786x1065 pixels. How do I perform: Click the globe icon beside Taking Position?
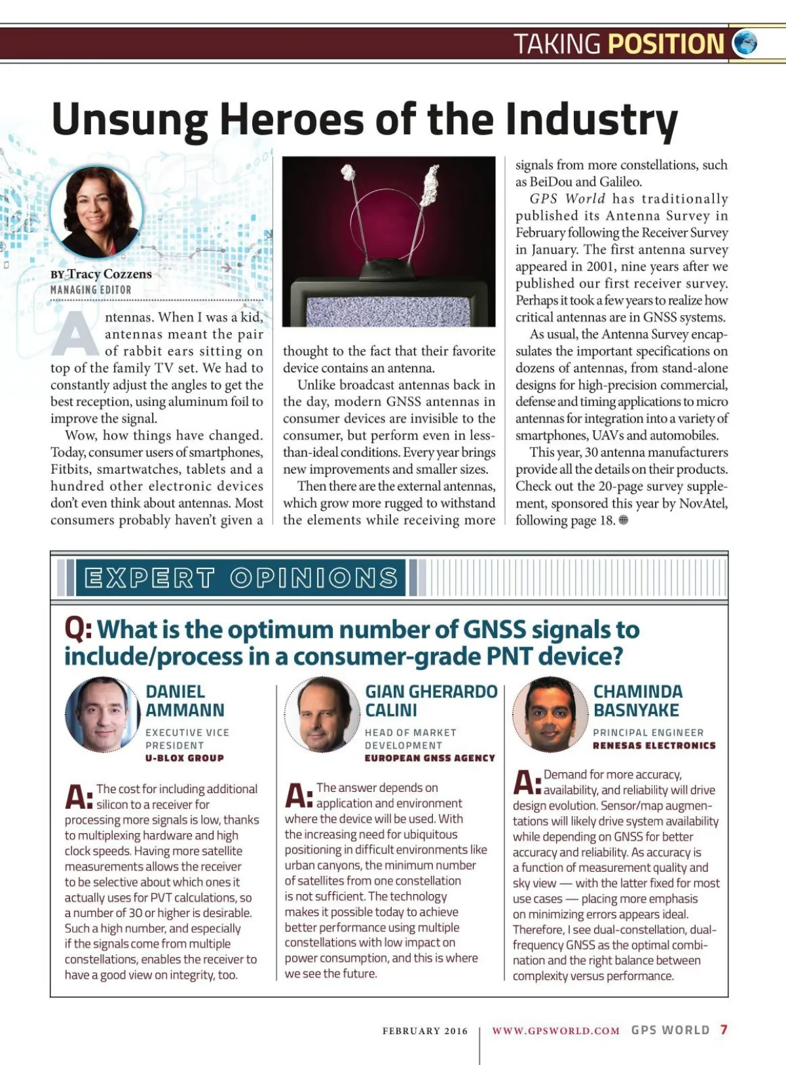pyautogui.click(x=745, y=43)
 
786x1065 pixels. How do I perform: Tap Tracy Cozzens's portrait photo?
pyautogui.click(x=96, y=212)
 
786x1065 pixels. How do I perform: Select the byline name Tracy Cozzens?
pyautogui.click(x=109, y=274)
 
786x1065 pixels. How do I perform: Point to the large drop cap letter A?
pyautogui.click(x=75, y=333)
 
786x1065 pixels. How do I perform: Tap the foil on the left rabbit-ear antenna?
pyautogui.click(x=348, y=173)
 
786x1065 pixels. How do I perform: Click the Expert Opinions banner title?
pyautogui.click(x=241, y=577)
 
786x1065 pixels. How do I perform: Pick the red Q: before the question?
pyautogui.click(x=78, y=629)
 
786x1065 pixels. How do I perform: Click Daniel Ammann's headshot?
pyautogui.click(x=102, y=714)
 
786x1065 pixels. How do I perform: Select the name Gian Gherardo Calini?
pyautogui.click(x=430, y=701)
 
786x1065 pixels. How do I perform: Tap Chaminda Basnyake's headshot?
pyautogui.click(x=550, y=714)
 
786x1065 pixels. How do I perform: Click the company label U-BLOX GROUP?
pyautogui.click(x=185, y=758)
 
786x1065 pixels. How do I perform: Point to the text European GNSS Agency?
pyautogui.click(x=430, y=758)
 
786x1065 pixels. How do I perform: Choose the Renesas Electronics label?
pyautogui.click(x=654, y=745)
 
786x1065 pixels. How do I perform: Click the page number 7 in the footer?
pyautogui.click(x=724, y=1030)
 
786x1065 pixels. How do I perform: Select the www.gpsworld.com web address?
pyautogui.click(x=555, y=1031)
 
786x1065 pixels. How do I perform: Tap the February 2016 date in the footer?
pyautogui.click(x=425, y=1031)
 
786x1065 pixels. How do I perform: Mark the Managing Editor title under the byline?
pyautogui.click(x=91, y=290)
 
